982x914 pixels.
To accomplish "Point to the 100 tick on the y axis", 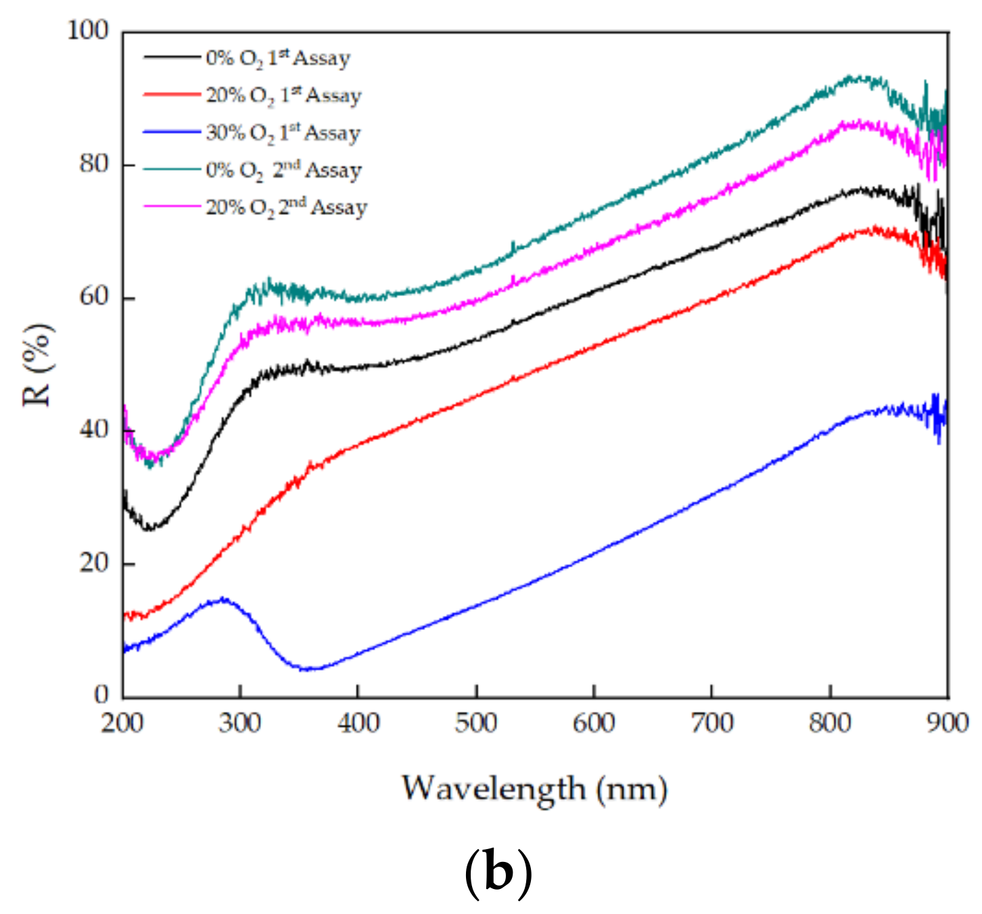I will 88,30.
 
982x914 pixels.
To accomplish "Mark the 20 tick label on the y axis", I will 94,563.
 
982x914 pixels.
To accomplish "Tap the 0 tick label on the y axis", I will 101,694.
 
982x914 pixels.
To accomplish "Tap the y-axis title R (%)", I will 38,365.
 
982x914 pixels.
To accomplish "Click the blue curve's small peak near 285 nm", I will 223,599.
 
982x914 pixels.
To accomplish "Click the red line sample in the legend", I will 172,95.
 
